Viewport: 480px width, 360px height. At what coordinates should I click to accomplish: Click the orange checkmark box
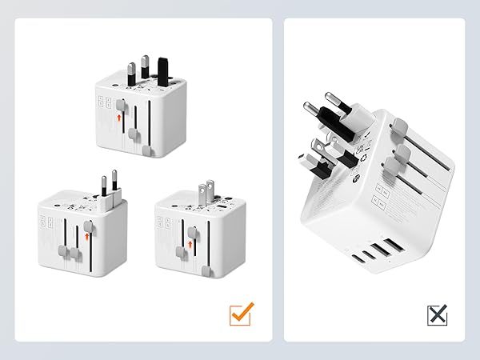pyautogui.click(x=241, y=314)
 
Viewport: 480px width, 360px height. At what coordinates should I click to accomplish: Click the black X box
pyautogui.click(x=437, y=315)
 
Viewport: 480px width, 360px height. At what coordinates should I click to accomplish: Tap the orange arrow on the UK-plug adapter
pyautogui.click(x=119, y=117)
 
